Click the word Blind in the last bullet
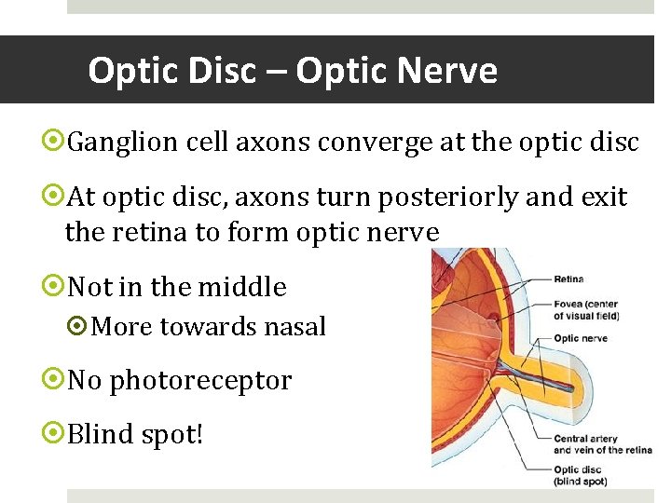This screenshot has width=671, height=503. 99,435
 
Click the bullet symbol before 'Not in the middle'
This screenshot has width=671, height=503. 54,286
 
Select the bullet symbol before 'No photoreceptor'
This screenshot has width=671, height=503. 54,380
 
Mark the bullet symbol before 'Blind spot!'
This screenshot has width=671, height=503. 54,434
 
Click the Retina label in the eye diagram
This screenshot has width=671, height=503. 569,279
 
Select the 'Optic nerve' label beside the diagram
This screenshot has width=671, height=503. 581,338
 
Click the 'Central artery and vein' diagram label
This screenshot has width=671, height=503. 602,444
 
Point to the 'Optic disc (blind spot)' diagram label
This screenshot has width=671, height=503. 580,476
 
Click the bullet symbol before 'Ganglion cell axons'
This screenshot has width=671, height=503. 54,143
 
